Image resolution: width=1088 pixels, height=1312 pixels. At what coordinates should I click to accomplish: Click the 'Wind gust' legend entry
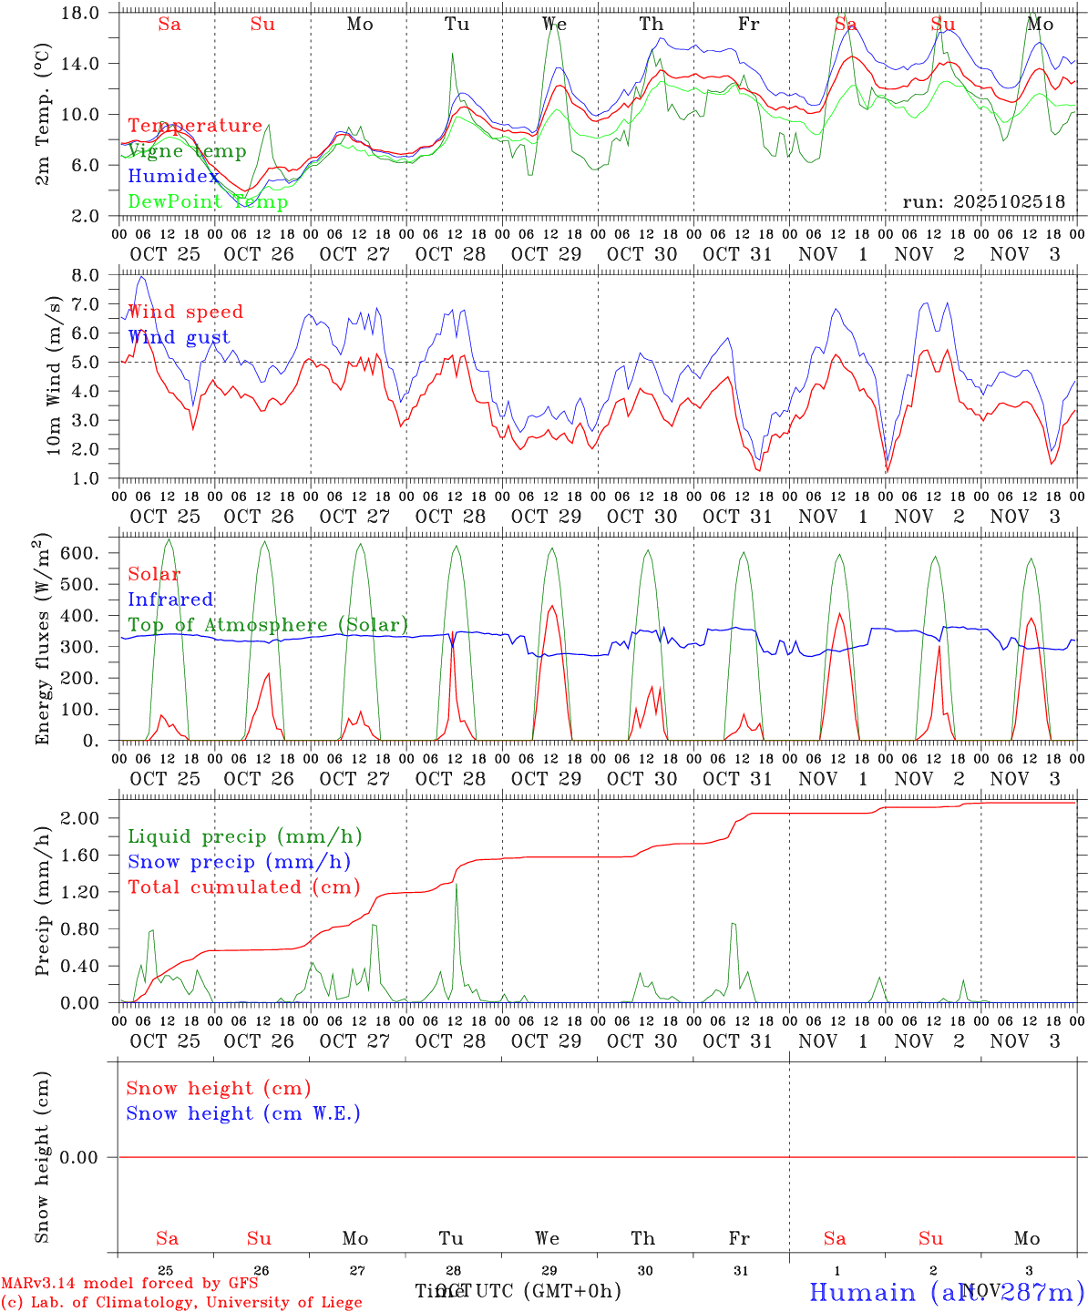[x=179, y=337]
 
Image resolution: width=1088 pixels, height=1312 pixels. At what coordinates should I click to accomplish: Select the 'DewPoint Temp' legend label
[x=208, y=201]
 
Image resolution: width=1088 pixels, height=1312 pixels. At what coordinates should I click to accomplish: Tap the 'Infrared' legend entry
[x=170, y=600]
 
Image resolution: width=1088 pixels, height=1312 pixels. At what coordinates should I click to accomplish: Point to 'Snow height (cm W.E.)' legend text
[x=243, y=1113]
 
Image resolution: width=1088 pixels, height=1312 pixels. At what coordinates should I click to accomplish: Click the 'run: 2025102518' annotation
[x=983, y=202]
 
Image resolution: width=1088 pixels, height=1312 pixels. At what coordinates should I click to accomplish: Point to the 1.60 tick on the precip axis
[x=88, y=855]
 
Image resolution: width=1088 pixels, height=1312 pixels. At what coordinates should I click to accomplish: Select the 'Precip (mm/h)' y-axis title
[x=43, y=898]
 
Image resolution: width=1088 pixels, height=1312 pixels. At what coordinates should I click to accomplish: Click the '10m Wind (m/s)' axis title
[x=55, y=375]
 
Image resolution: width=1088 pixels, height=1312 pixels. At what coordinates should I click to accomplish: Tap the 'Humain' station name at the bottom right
[x=862, y=1292]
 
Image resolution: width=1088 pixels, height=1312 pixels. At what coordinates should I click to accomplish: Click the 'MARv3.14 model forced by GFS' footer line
[x=129, y=1283]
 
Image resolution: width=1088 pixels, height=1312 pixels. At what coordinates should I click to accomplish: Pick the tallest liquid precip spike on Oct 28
[x=456, y=885]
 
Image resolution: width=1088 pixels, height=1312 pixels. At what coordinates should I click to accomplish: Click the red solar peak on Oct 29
[x=552, y=606]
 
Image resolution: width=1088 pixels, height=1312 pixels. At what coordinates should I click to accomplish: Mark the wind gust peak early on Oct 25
[x=142, y=275]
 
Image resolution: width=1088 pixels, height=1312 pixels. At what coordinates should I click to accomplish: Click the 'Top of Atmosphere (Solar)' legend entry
[x=268, y=625]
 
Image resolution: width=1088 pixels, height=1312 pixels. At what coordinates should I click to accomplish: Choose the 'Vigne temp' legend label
[x=187, y=151]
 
